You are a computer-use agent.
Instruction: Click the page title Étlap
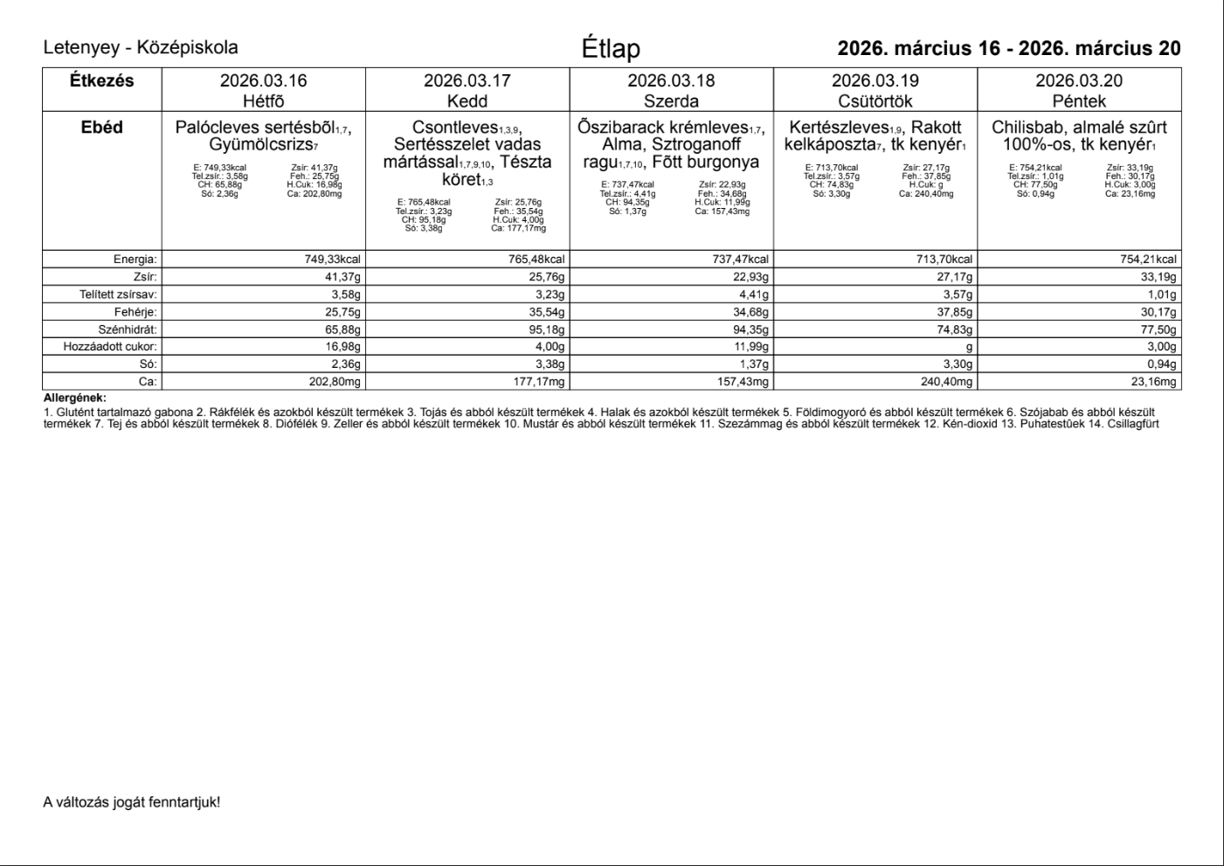[611, 49]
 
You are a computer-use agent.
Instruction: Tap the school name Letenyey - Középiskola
[141, 48]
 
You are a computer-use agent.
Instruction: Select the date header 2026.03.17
[467, 80]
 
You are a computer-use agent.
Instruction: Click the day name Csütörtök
[875, 101]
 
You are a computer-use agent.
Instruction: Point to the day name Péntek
[1079, 101]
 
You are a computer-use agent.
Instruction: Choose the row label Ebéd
[101, 128]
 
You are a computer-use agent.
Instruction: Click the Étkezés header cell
[101, 80]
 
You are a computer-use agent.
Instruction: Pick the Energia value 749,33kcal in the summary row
[332, 260]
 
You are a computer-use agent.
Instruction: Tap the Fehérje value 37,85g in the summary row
[953, 312]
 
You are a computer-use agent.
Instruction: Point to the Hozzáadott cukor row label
[110, 347]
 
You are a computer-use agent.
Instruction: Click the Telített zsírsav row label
[118, 294]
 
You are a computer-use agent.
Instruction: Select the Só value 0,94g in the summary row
[1159, 364]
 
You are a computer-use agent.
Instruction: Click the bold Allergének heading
[74, 398]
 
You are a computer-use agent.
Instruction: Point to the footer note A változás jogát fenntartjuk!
[131, 801]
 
